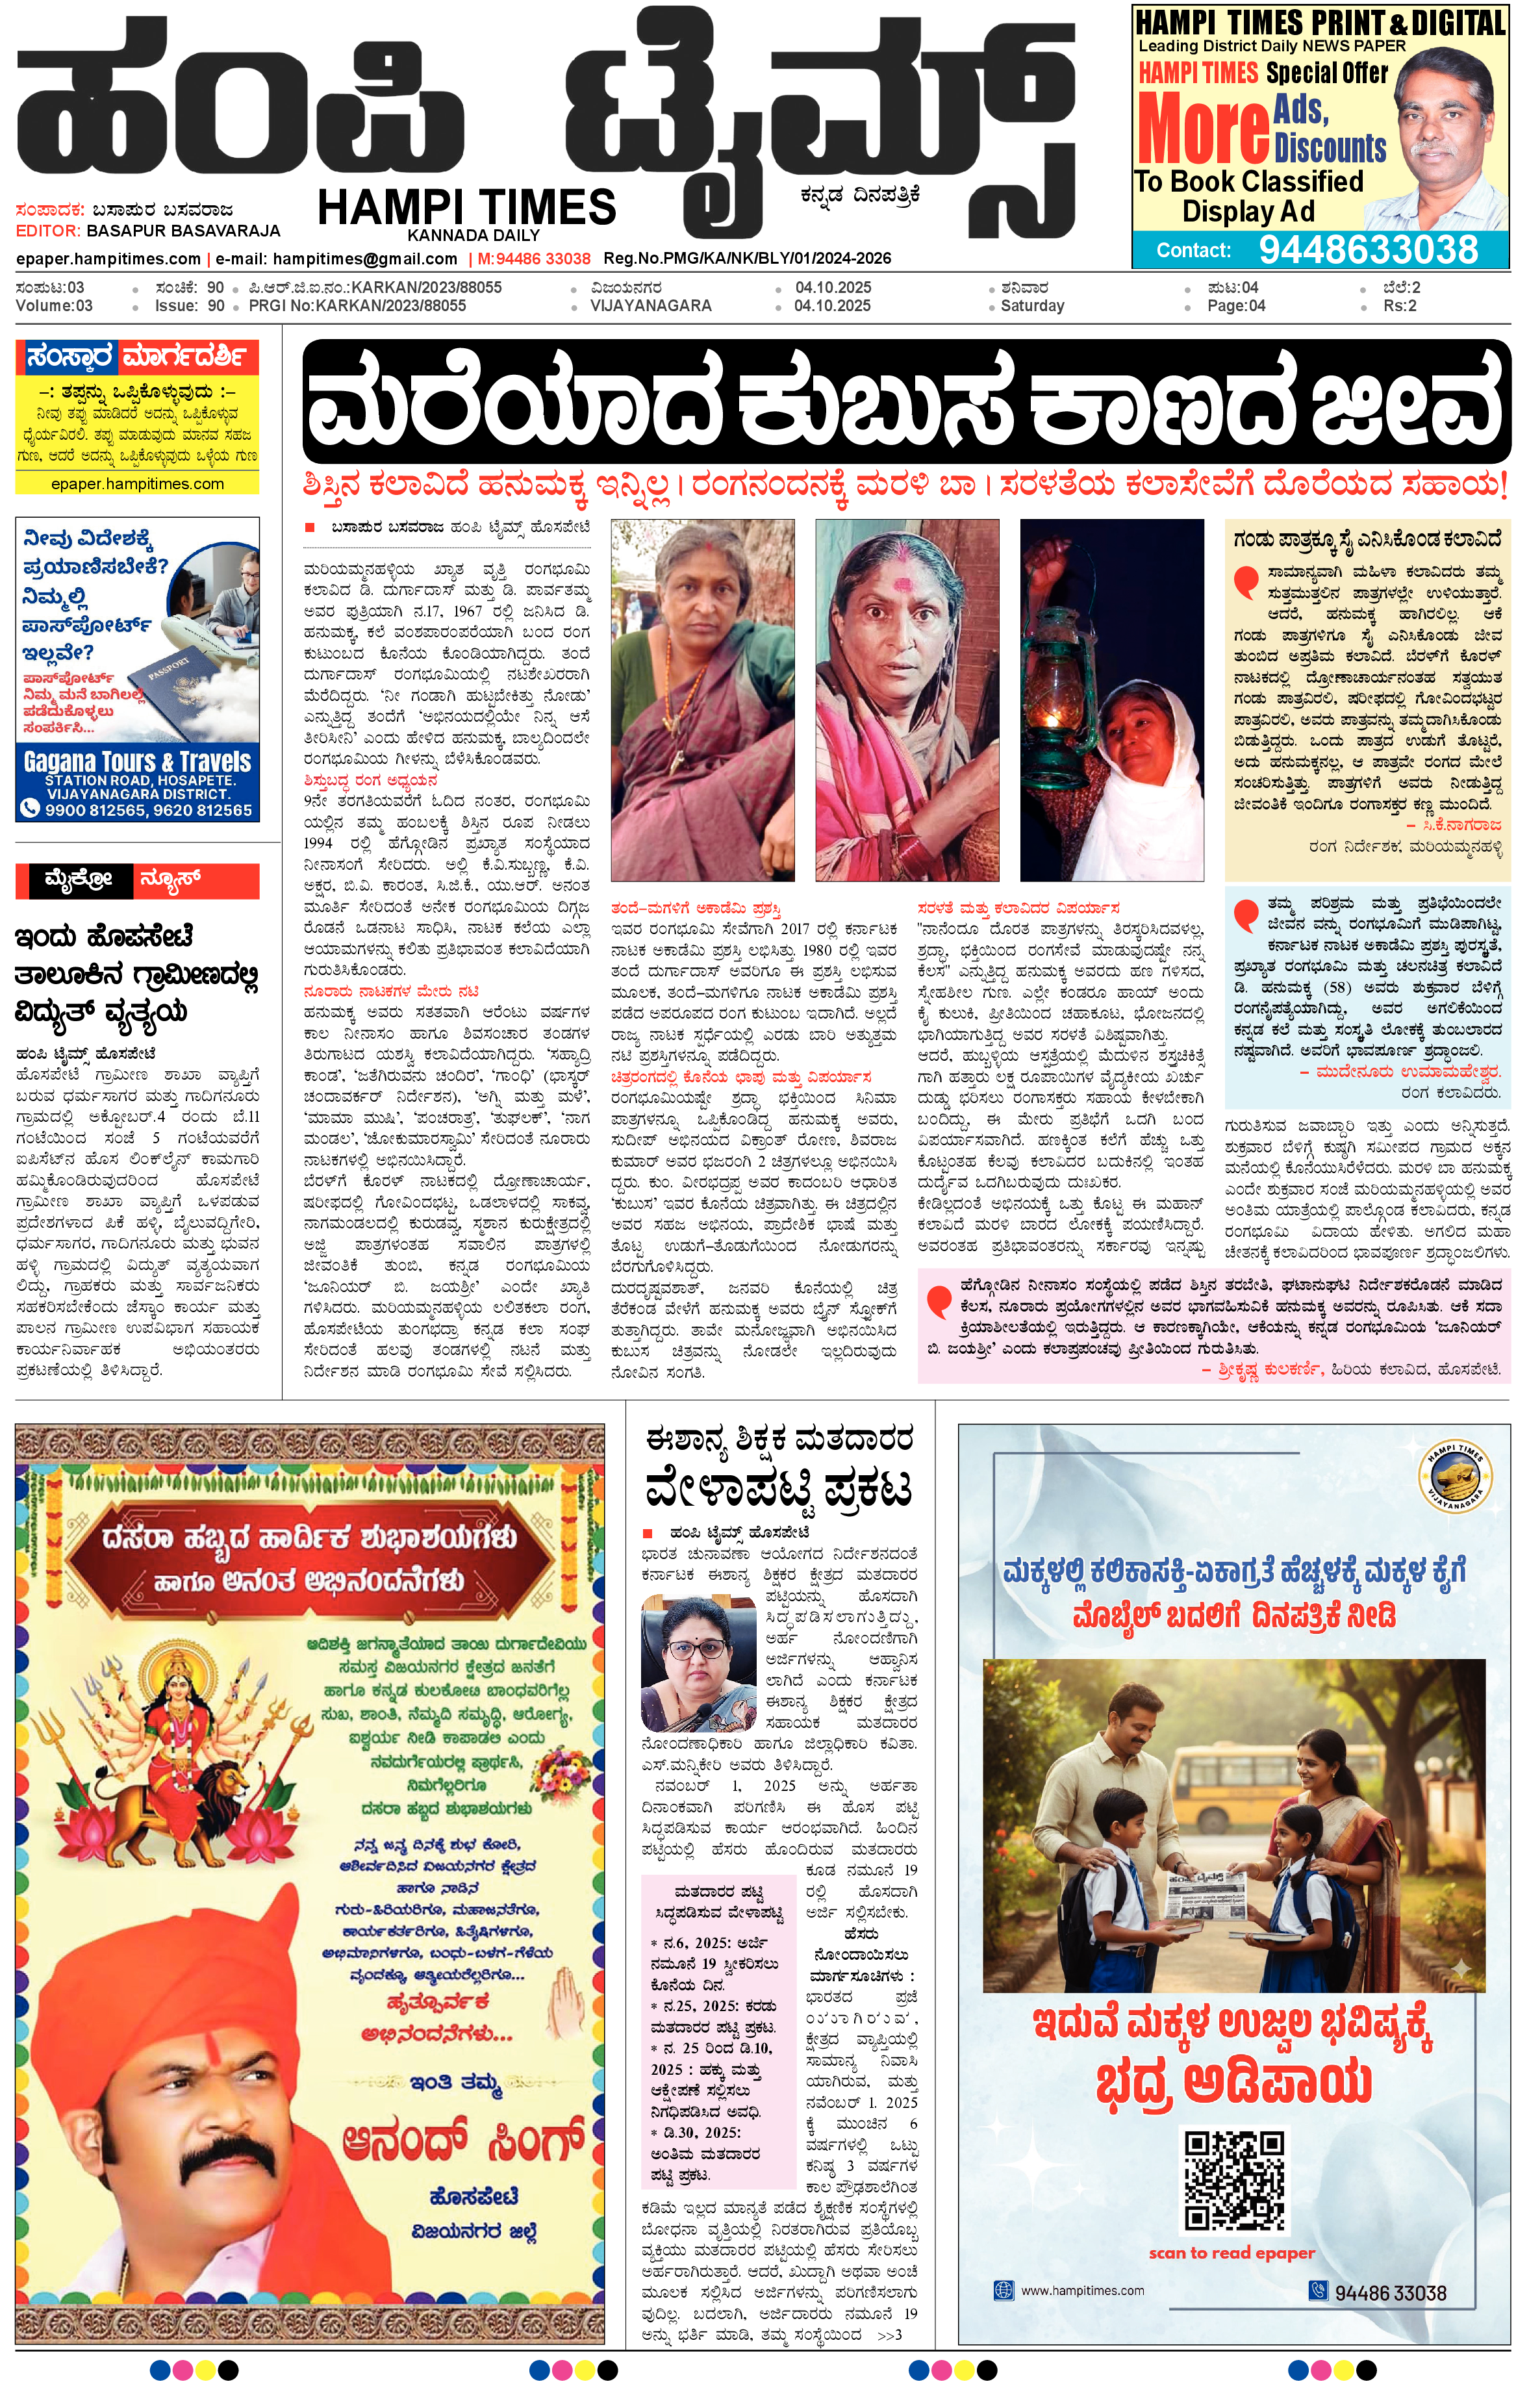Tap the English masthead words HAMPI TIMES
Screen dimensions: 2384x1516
pos(466,208)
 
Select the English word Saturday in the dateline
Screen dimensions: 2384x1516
pos(1032,306)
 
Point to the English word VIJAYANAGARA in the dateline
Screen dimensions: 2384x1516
pos(651,306)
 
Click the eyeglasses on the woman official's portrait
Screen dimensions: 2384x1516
pos(698,1651)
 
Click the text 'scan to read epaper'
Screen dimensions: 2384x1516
pos(1231,2253)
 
